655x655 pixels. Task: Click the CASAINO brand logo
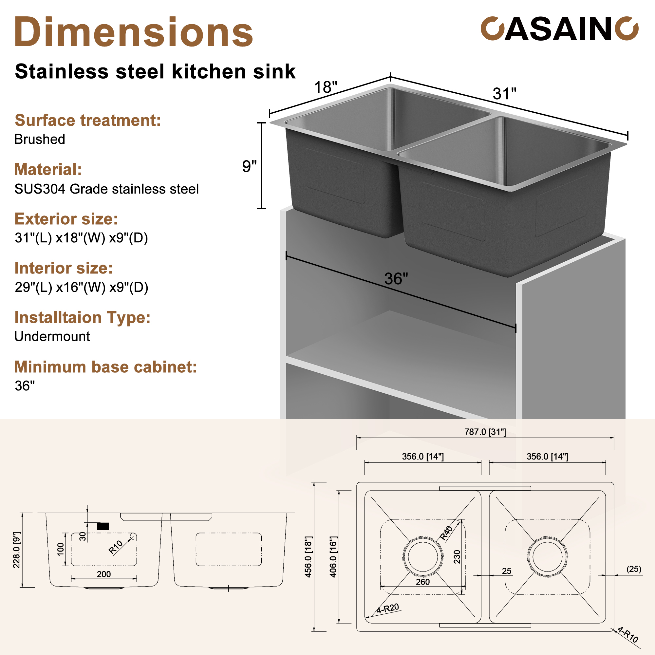pyautogui.click(x=559, y=29)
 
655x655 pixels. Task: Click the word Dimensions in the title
pyautogui.click(x=134, y=32)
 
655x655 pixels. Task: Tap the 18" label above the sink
pyautogui.click(x=326, y=87)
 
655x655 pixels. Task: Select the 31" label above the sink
pyautogui.click(x=504, y=94)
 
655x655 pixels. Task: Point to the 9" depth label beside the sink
pyautogui.click(x=249, y=166)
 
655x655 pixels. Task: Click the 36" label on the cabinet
pyautogui.click(x=396, y=279)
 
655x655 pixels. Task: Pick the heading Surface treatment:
pyautogui.click(x=87, y=120)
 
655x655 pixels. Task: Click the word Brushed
pyautogui.click(x=40, y=139)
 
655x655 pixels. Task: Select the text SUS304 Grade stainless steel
pyautogui.click(x=106, y=189)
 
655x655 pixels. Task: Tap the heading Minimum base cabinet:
pyautogui.click(x=105, y=367)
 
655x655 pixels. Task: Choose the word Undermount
pyautogui.click(x=52, y=336)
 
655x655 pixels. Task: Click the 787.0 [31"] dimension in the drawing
pyautogui.click(x=485, y=432)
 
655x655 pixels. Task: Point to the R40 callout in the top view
pyautogui.click(x=446, y=533)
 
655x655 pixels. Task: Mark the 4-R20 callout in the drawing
pyautogui.click(x=388, y=608)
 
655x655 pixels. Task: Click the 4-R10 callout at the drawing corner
pyautogui.click(x=628, y=634)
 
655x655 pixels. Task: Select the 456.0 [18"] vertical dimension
pyautogui.click(x=308, y=557)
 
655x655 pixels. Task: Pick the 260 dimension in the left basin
pyautogui.click(x=422, y=582)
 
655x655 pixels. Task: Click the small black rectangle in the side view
pyautogui.click(x=103, y=526)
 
